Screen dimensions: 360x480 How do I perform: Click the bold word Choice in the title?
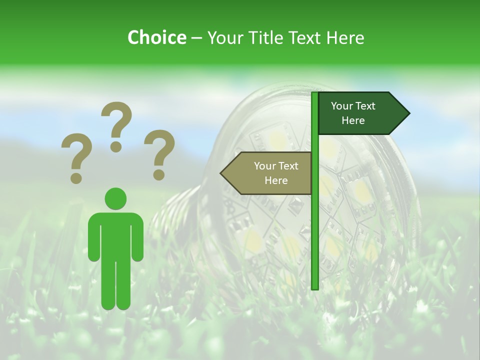156,37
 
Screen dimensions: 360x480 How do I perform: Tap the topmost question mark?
116,126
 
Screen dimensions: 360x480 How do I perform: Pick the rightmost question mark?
159,154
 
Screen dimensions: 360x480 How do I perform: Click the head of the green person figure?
115,198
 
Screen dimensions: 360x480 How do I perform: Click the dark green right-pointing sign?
360,113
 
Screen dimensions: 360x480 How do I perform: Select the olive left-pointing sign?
270,173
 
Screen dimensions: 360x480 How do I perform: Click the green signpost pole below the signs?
314,240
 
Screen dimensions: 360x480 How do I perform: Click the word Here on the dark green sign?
353,120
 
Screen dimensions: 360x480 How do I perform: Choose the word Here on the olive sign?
276,180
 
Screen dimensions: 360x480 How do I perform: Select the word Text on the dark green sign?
365,106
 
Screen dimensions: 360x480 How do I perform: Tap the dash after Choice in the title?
196,38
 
